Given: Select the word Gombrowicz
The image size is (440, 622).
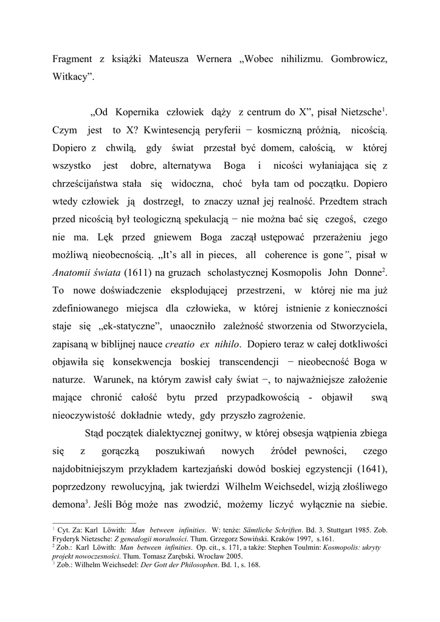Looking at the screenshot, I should [357, 61].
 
